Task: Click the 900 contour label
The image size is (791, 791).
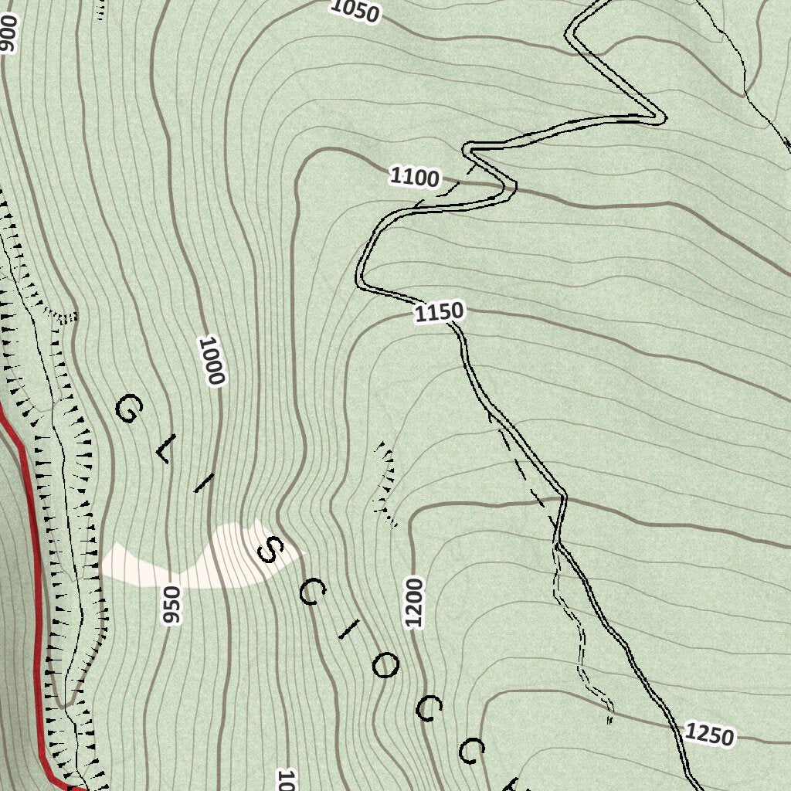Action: pos(7,34)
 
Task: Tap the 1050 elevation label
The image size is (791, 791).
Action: pos(355,11)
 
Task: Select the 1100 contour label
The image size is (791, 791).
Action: pos(415,178)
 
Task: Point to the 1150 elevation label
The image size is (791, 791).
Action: pos(440,312)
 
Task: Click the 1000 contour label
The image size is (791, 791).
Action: pos(211,361)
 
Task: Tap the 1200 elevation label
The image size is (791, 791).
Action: pos(414,602)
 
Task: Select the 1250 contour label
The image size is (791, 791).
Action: pos(708,735)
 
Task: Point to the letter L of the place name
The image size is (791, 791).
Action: pos(164,451)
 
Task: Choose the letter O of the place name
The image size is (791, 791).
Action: pos(385,666)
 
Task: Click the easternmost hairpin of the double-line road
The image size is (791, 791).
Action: pos(658,118)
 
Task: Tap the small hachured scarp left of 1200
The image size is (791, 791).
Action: pos(385,483)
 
